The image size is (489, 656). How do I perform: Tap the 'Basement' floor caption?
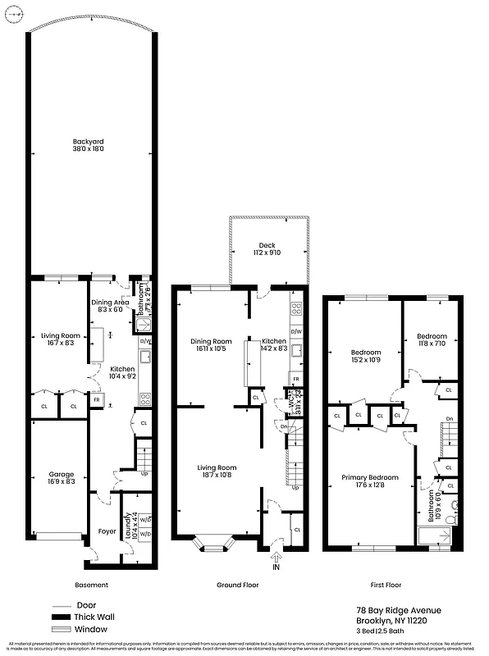click(91, 585)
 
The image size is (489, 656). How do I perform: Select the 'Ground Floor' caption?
click(239, 585)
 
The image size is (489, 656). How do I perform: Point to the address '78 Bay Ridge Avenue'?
click(399, 610)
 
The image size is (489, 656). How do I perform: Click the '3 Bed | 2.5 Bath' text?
click(388, 631)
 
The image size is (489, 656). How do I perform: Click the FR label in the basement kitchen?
click(97, 400)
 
